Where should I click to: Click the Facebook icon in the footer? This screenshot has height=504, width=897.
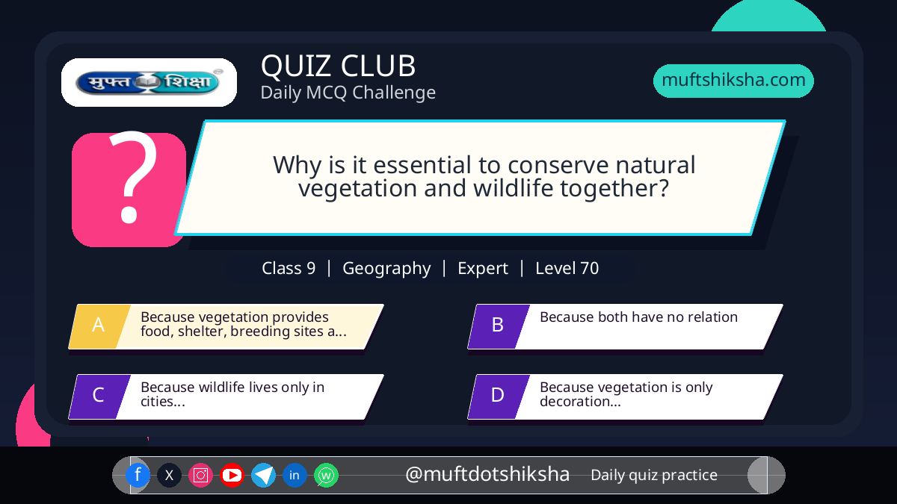[138, 475]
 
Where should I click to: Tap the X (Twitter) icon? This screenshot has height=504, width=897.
[169, 475]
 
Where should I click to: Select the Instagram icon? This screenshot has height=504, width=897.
[200, 475]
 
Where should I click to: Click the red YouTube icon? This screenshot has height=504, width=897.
[232, 475]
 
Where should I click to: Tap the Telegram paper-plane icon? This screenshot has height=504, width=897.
[263, 475]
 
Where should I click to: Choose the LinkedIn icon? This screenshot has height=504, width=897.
[295, 475]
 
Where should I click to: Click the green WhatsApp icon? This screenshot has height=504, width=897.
[326, 475]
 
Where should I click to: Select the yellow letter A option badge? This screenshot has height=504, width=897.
[99, 326]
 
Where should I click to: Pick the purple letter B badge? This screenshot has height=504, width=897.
[499, 326]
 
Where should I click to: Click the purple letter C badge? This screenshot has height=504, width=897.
[99, 396]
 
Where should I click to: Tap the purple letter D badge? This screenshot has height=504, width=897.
[499, 396]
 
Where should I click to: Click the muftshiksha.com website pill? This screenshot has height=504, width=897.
[733, 81]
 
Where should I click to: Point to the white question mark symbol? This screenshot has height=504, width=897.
[132, 176]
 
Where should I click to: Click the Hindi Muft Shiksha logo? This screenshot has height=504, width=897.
[149, 82]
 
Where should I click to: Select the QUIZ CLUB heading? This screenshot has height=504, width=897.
[339, 66]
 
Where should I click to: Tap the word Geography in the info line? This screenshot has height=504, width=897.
[386, 268]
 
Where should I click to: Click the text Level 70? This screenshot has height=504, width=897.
[567, 268]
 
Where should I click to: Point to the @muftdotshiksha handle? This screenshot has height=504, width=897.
[487, 474]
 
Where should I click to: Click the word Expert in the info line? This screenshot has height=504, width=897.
[483, 269]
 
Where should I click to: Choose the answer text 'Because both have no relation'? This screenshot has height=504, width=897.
[638, 317]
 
